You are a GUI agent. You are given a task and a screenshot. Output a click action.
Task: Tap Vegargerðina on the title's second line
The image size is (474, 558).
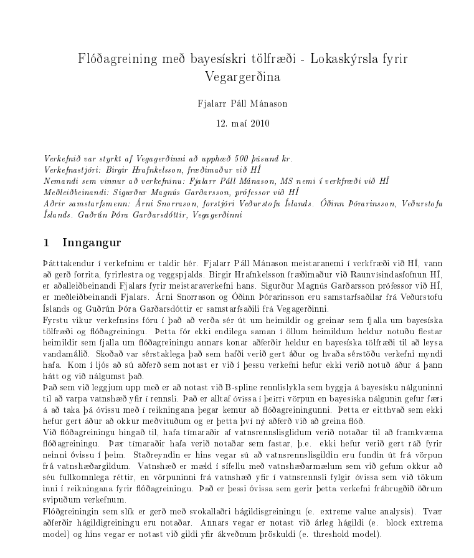click(x=243, y=77)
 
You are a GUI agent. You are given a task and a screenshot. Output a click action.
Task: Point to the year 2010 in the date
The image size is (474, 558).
click(x=260, y=122)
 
